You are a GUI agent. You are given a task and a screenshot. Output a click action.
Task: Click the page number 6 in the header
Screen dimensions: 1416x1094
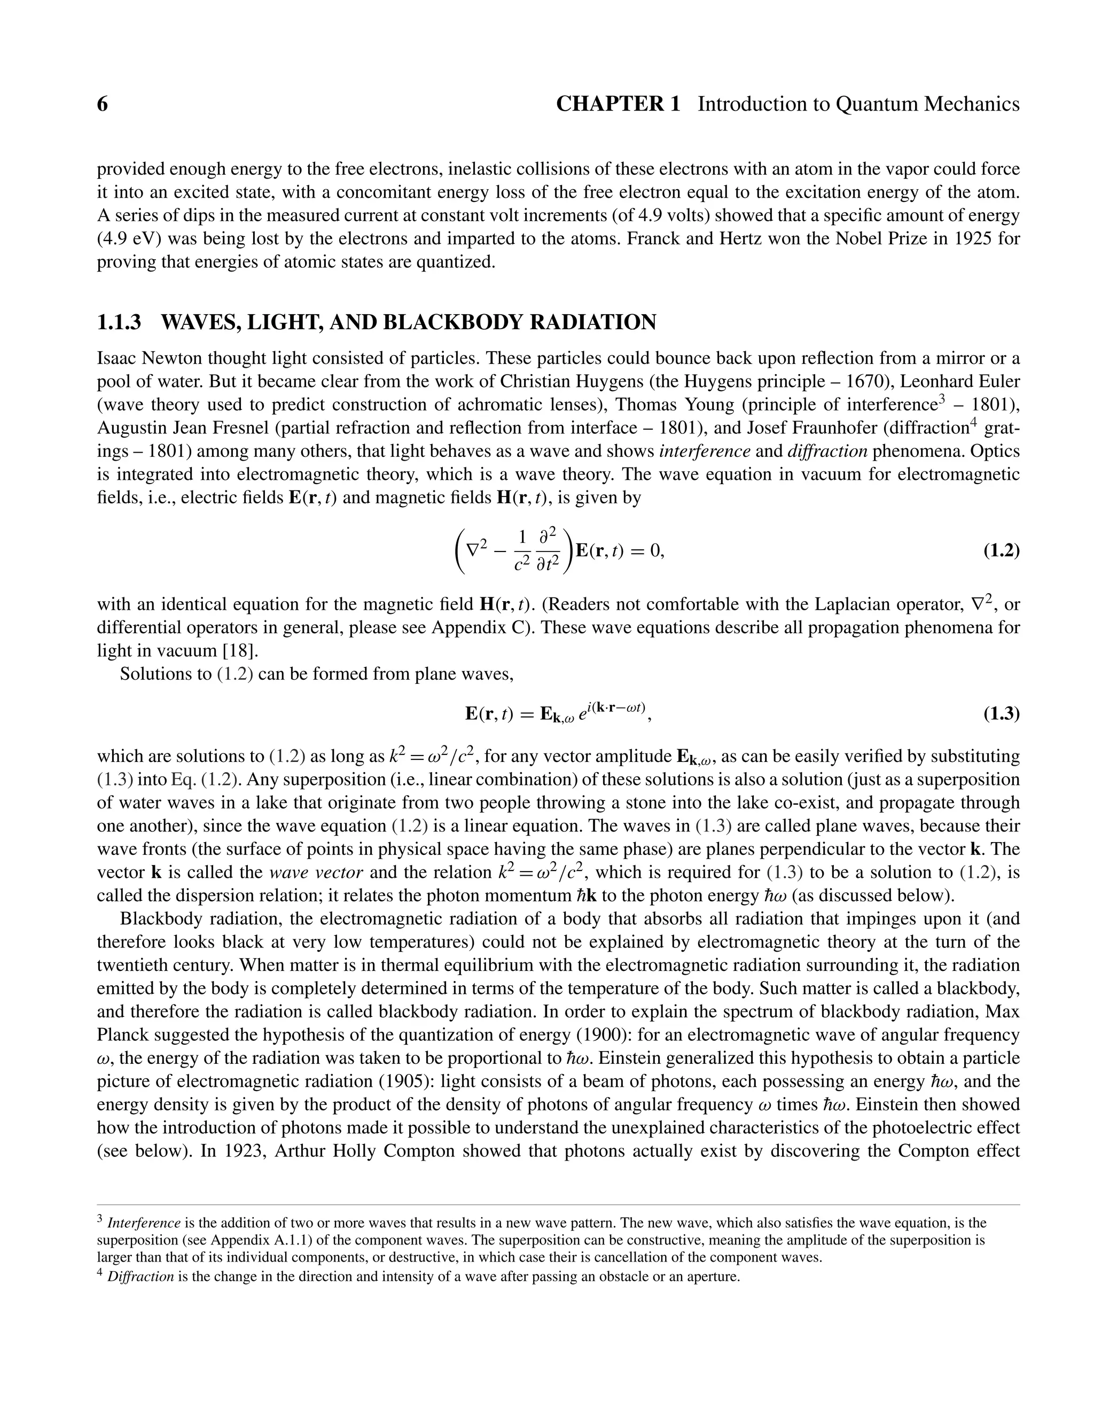(103, 104)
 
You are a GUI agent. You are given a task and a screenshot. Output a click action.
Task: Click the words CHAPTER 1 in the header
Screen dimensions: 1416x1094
(618, 104)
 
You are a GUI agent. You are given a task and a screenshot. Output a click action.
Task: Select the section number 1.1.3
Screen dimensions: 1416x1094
(119, 322)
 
